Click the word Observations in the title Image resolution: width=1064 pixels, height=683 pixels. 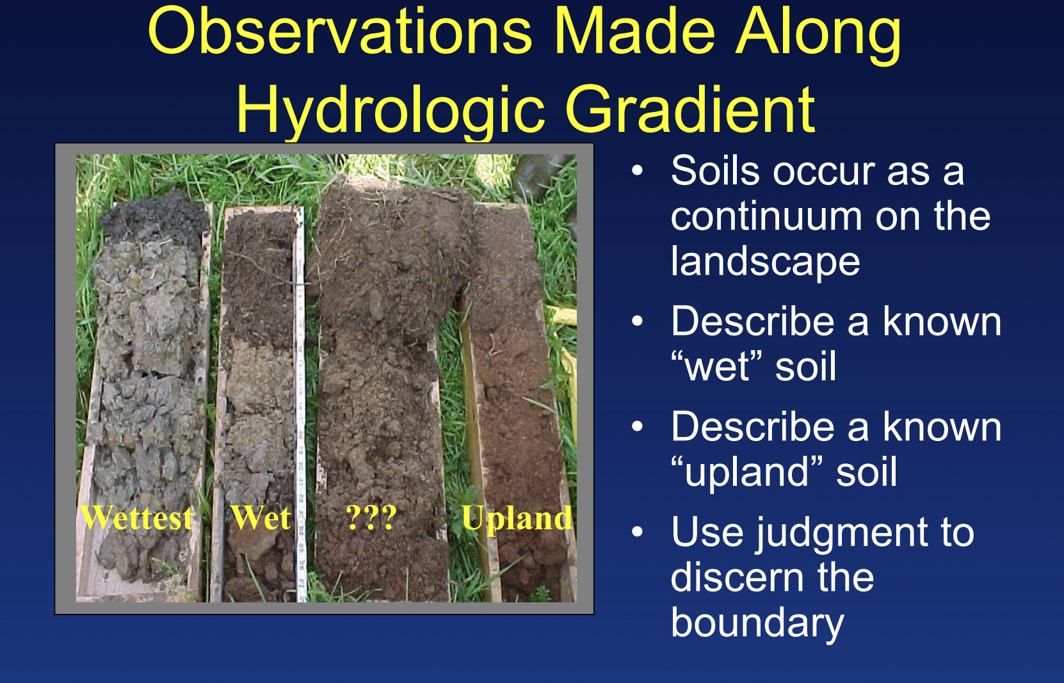point(340,32)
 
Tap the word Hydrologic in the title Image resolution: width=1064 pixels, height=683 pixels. point(390,109)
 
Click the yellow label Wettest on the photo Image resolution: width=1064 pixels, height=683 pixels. point(137,517)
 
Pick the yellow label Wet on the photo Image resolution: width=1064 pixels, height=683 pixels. point(261,517)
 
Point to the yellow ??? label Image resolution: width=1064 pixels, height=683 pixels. point(371,517)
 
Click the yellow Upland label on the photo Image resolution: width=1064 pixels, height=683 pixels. point(517,518)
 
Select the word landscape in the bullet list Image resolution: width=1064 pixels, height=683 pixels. point(765,262)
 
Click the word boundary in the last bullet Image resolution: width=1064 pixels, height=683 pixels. point(757,623)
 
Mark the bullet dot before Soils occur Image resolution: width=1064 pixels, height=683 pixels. point(637,171)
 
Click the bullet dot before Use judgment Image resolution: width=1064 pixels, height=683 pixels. point(637,532)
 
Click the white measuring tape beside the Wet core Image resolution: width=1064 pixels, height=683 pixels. point(300,404)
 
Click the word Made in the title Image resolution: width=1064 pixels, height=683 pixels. point(634,32)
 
